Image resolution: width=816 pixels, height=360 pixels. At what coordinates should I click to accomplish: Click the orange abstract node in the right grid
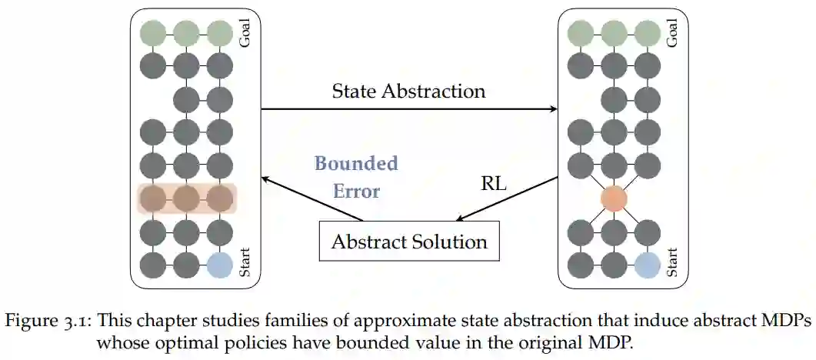pos(614,198)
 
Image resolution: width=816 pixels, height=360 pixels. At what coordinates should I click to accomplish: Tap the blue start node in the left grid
pos(219,265)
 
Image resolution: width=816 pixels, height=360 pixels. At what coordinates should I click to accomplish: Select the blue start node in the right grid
pos(647,265)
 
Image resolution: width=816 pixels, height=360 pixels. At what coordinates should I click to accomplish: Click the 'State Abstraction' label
pos(408,92)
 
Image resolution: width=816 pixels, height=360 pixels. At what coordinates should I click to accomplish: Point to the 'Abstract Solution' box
pos(408,242)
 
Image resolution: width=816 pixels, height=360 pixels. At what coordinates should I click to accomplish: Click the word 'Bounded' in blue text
pos(356,163)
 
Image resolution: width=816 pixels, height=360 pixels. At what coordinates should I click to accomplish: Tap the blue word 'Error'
pos(356,191)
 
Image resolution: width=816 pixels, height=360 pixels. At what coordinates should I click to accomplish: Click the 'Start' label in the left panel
pos(245,262)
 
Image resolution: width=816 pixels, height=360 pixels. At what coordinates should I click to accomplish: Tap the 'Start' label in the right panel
pos(672,262)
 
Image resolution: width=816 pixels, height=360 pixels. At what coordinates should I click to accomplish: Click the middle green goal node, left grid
pos(186,33)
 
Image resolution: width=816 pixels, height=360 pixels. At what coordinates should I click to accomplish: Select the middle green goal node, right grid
pos(614,33)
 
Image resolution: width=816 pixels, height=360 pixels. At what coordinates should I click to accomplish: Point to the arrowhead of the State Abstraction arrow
pos(553,109)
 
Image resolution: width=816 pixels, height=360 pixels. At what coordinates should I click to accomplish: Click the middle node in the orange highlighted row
pos(186,198)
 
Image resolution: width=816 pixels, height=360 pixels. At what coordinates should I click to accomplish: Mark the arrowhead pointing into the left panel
pos(266,178)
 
